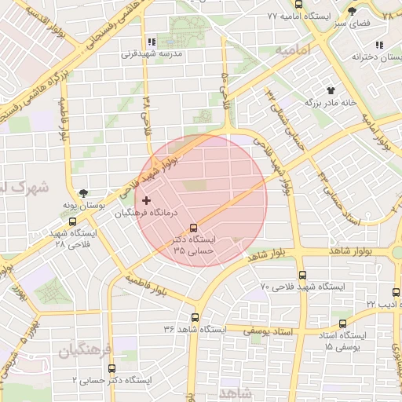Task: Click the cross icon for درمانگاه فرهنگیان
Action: (x=146, y=201)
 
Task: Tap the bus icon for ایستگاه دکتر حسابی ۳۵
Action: (x=194, y=229)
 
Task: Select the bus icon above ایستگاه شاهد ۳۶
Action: (x=195, y=317)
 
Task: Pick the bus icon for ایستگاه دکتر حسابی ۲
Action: (x=111, y=367)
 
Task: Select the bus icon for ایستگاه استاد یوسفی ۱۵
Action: (x=342, y=323)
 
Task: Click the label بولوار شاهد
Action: (x=292, y=253)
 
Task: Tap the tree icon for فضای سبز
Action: (x=353, y=11)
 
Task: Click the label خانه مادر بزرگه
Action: (x=332, y=102)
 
